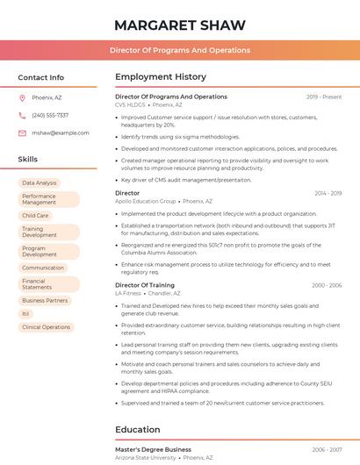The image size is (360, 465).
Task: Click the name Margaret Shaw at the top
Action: click(x=179, y=25)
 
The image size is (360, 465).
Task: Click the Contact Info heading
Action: click(x=40, y=77)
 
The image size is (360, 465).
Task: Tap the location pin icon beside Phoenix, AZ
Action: click(x=22, y=97)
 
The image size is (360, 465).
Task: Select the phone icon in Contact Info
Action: click(x=22, y=115)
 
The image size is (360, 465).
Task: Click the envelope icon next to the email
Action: click(x=22, y=132)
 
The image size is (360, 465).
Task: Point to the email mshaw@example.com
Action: click(x=61, y=132)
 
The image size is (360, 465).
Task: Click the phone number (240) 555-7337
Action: click(x=50, y=115)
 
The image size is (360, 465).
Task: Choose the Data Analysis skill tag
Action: click(x=40, y=183)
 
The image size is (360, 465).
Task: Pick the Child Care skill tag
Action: click(x=35, y=215)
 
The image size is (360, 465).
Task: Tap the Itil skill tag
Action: click(x=26, y=313)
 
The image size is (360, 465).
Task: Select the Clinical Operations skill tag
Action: click(x=46, y=327)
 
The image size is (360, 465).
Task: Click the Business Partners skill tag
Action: click(x=45, y=300)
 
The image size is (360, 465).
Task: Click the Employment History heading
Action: click(x=161, y=77)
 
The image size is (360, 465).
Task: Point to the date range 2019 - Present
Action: click(x=324, y=97)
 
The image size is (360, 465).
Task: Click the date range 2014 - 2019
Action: click(x=328, y=193)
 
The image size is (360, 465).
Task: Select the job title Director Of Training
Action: click(x=145, y=285)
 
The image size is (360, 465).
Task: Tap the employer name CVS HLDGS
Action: click(x=131, y=104)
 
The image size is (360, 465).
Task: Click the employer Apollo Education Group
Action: click(x=146, y=201)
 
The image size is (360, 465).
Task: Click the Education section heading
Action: click(x=138, y=430)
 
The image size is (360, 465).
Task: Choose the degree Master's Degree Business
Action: click(x=153, y=449)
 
